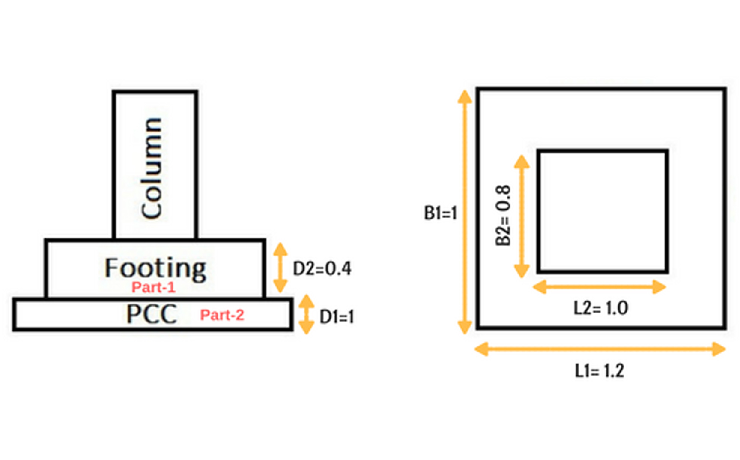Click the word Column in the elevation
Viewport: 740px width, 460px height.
click(152, 168)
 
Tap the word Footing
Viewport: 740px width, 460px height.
click(155, 269)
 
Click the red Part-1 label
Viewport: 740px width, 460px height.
click(153, 287)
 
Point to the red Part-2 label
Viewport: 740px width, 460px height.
click(222, 315)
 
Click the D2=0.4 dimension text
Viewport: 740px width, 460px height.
click(322, 268)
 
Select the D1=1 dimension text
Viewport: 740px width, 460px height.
click(337, 317)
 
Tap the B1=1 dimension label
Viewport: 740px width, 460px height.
click(440, 213)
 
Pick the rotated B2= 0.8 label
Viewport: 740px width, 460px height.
click(503, 215)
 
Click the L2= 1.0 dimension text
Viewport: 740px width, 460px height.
click(600, 308)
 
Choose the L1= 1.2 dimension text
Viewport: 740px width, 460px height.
click(599, 371)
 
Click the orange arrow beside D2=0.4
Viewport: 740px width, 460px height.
click(280, 268)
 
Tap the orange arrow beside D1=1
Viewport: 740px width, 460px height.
click(307, 314)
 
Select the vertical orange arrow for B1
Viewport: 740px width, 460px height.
click(465, 212)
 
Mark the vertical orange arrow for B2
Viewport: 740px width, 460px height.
click(522, 216)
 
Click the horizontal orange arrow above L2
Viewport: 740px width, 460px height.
click(600, 286)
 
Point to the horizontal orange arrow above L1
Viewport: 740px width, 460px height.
click(600, 349)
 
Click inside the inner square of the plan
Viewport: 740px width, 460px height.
click(603, 211)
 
